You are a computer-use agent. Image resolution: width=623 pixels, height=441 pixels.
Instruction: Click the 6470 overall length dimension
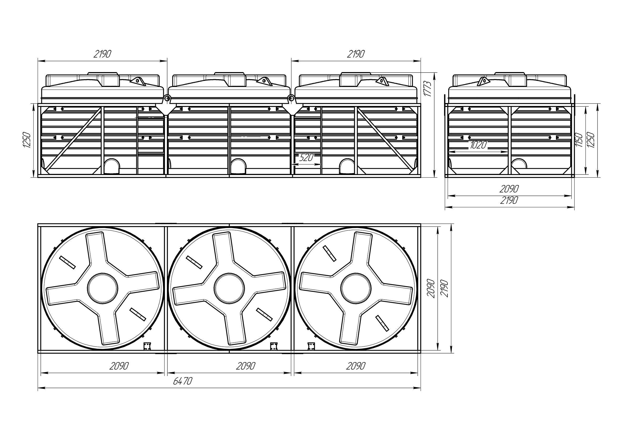coord(182,381)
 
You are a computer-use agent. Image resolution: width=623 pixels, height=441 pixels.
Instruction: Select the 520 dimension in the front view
coord(306,157)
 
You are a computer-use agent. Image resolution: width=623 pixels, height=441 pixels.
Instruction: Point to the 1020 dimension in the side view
coord(478,145)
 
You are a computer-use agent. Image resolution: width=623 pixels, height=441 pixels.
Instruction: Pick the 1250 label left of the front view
coord(27,140)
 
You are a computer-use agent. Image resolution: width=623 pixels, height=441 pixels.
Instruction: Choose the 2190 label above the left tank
coord(102,54)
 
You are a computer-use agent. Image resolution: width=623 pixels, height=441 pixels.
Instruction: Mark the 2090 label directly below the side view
coord(509,189)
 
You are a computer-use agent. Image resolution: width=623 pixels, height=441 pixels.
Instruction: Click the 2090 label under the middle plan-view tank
coord(246,366)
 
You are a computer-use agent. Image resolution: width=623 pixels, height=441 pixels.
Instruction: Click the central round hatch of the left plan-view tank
coord(103,288)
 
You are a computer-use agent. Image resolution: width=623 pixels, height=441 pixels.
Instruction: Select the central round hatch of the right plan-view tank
coord(356,288)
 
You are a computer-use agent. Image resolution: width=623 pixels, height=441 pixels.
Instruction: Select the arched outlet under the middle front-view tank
coord(238,166)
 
